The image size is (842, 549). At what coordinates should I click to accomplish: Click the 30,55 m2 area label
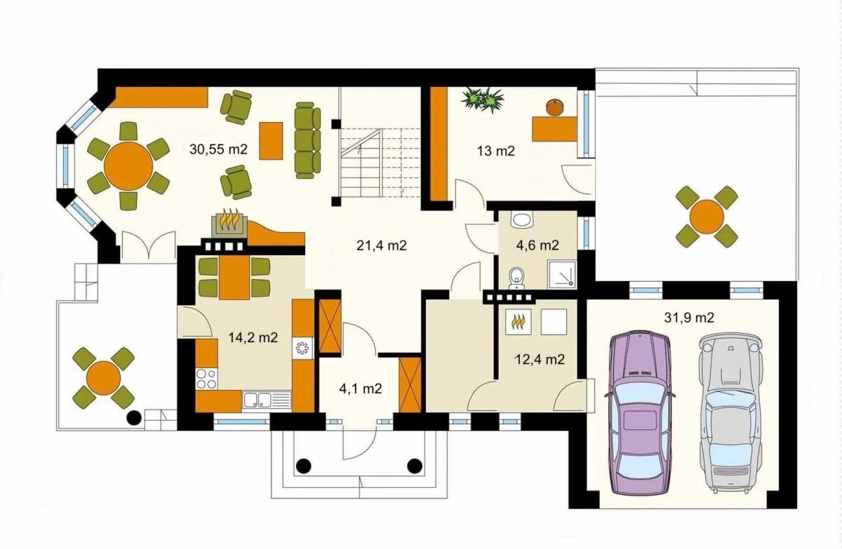218,149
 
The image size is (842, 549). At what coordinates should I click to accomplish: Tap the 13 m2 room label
495,151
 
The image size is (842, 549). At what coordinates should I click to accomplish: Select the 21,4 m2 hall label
381,245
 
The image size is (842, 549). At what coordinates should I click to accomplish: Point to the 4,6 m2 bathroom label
538,245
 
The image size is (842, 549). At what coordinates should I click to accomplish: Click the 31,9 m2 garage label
688,318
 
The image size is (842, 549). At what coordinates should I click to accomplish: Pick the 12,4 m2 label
540,360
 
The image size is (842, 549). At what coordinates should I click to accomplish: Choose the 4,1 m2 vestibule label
361,388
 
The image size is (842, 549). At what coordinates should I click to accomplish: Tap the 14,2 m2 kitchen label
253,337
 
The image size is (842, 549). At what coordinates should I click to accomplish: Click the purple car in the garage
639,412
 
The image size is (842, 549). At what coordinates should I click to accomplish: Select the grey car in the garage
730,412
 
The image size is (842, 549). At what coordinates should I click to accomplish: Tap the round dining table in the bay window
128,165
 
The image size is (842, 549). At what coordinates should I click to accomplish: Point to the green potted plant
483,99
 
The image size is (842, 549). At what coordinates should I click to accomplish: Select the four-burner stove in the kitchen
206,379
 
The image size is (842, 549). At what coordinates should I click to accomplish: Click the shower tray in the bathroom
561,274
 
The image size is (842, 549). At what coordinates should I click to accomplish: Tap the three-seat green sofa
307,140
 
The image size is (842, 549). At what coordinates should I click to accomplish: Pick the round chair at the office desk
554,107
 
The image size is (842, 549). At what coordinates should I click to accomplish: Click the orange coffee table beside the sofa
271,141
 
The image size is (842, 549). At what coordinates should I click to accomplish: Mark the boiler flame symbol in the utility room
519,321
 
